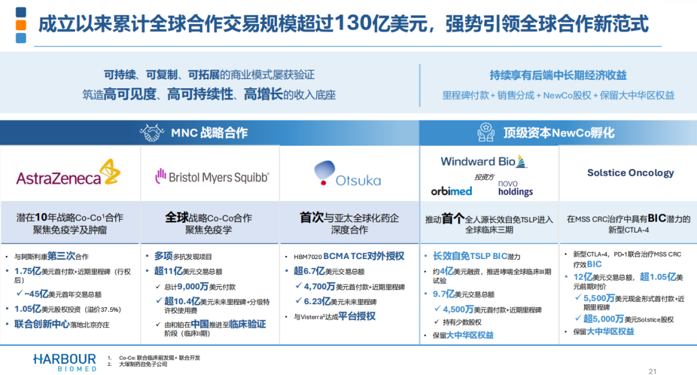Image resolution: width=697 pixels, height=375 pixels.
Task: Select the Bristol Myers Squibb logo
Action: [x=212, y=177]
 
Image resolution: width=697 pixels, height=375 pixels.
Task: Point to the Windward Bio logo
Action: [x=483, y=162]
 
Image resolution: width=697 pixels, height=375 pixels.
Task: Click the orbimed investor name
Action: [x=451, y=191]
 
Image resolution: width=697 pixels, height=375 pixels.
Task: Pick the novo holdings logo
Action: [x=515, y=187]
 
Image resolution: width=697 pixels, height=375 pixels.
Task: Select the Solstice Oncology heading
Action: [x=631, y=173]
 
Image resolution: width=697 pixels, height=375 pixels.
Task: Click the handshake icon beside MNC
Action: [x=152, y=133]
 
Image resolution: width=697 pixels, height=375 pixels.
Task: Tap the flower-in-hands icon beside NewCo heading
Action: [x=486, y=132]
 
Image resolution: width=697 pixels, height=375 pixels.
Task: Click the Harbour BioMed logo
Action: [x=65, y=362]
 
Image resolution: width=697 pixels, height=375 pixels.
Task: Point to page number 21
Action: [x=652, y=371]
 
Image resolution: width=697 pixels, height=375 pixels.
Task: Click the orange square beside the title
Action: [x=21, y=25]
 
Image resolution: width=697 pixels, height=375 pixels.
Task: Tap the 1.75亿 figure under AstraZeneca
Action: [x=28, y=271]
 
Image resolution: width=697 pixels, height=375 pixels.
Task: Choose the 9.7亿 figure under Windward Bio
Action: [x=444, y=294]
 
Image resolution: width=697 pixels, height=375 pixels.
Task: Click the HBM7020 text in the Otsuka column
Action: [x=308, y=257]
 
